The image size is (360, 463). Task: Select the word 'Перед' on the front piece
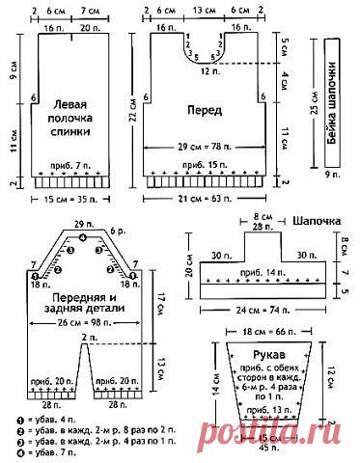(204, 110)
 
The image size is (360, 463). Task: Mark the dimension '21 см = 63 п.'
(204, 201)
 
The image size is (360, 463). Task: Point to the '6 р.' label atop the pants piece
(118, 232)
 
